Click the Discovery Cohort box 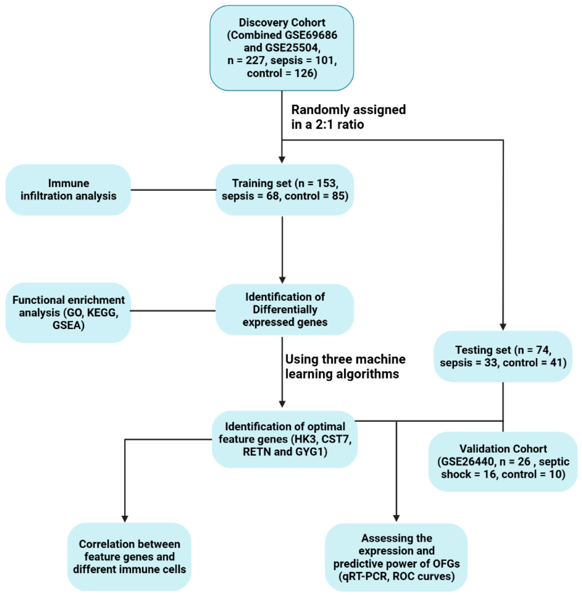tap(282, 48)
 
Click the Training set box tap(285, 190)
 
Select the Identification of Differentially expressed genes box tap(285, 310)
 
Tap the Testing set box tap(503, 356)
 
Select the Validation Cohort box tap(503, 461)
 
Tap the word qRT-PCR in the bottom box tap(364, 576)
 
